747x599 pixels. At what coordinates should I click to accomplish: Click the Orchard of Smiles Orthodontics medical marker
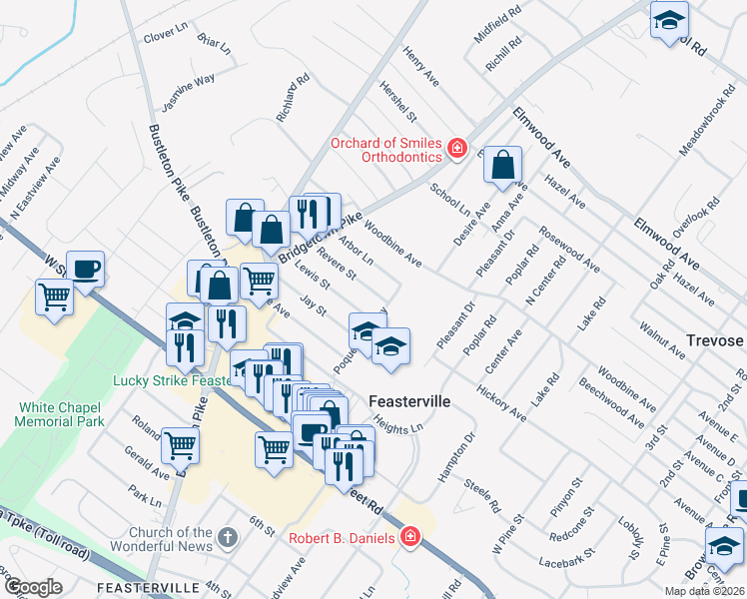pos(457,149)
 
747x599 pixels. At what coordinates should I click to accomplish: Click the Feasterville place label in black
pos(409,401)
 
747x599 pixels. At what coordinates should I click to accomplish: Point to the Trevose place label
pos(714,340)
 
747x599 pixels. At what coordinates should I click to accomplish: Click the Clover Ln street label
pos(166,36)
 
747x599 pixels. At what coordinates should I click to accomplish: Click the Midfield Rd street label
pos(498,29)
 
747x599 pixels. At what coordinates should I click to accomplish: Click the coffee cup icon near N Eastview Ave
pos(85,267)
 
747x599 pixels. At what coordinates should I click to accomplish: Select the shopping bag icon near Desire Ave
pos(503,164)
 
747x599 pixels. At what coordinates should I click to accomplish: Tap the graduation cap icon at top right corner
pos(668,19)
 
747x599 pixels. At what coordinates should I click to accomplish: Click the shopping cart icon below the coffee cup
pos(54,296)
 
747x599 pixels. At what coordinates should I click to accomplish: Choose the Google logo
pos(33,587)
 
